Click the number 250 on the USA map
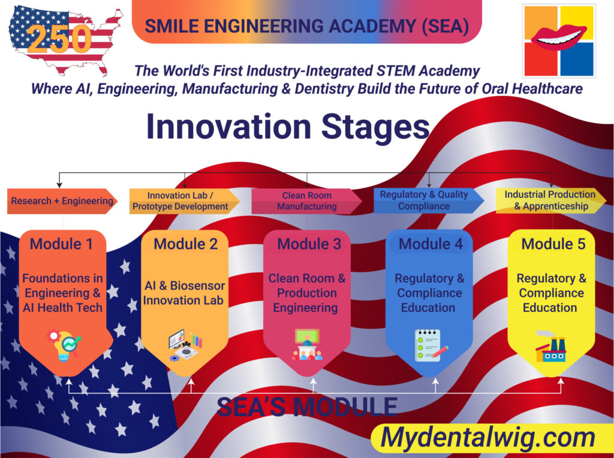point(59,39)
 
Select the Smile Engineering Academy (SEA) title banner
point(306,22)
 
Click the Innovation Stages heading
point(288,127)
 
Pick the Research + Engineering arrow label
point(62,201)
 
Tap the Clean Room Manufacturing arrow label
point(306,201)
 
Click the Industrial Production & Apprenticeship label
point(551,200)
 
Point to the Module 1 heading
point(62,244)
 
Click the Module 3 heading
point(309,244)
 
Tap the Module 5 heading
point(553,244)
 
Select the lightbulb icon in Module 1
point(64,345)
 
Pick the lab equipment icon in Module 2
point(185,345)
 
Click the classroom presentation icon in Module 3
point(308,345)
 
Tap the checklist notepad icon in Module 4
point(431,345)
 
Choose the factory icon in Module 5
point(550,346)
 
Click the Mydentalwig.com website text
point(487,437)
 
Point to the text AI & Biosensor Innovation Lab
point(183,293)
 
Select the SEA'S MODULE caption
point(307,406)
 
